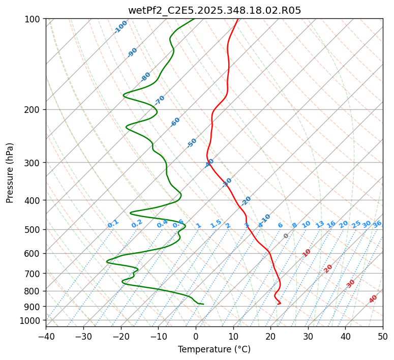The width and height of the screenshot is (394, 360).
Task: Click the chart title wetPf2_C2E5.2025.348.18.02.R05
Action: (x=215, y=10)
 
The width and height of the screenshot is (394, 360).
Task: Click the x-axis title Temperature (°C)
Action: (x=215, y=349)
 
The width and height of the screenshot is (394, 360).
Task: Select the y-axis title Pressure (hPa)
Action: (x=10, y=173)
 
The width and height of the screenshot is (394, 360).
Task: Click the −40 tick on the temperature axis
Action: (x=46, y=336)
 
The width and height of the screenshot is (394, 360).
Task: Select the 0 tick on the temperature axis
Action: (x=196, y=336)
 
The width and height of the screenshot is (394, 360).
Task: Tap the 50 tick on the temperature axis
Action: (x=383, y=336)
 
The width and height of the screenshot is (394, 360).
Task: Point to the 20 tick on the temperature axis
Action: (x=270, y=336)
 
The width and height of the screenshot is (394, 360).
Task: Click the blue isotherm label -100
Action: (x=121, y=27)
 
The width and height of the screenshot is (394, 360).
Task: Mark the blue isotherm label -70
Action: (x=160, y=100)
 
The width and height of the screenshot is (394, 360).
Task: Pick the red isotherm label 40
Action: (x=373, y=299)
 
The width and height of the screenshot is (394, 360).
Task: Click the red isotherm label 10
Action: (x=307, y=253)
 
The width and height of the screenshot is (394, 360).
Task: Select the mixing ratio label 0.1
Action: (x=113, y=224)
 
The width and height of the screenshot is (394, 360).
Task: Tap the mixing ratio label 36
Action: (x=377, y=224)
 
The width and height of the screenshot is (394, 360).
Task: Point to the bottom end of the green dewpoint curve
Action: (x=203, y=304)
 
